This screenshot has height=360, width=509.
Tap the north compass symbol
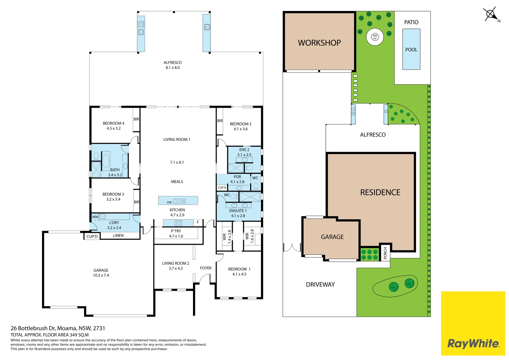point(491,15)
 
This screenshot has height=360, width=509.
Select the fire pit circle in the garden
point(375,37)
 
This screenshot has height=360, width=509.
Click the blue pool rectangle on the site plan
point(411,49)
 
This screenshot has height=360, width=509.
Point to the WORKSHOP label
point(319,43)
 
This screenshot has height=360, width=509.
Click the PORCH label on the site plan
point(385,253)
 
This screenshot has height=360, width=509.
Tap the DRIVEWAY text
point(320,285)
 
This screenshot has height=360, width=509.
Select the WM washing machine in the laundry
point(95,217)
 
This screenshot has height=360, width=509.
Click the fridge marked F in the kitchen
point(198,222)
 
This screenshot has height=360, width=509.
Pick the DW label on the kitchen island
point(169,202)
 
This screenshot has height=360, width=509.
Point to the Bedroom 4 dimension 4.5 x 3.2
point(114,128)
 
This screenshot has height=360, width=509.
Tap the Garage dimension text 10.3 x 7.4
point(101,275)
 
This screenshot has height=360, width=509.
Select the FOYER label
point(206,268)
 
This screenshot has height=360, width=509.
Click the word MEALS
point(177,182)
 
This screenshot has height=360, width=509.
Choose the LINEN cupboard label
point(118,235)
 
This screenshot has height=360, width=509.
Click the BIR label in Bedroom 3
point(137,202)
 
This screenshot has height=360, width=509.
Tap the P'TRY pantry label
point(176,231)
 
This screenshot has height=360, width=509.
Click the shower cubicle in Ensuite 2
point(236,168)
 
